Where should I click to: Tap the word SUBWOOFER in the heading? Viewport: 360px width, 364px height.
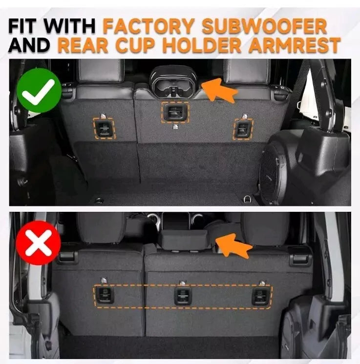(x=264, y=25)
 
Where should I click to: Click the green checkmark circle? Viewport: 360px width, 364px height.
(x=39, y=91)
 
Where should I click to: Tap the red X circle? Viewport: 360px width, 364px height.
(x=39, y=243)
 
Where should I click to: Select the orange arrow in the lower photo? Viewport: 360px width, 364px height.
(x=233, y=245)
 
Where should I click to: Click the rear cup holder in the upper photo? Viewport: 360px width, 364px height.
(x=173, y=81)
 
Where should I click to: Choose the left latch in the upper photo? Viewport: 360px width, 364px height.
(x=104, y=128)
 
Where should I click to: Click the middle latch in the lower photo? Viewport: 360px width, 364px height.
(x=183, y=296)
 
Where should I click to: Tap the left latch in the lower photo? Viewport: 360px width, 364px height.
(x=105, y=295)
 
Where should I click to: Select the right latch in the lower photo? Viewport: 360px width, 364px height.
(x=261, y=296)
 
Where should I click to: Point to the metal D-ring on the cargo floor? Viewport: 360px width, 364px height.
(x=247, y=199)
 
